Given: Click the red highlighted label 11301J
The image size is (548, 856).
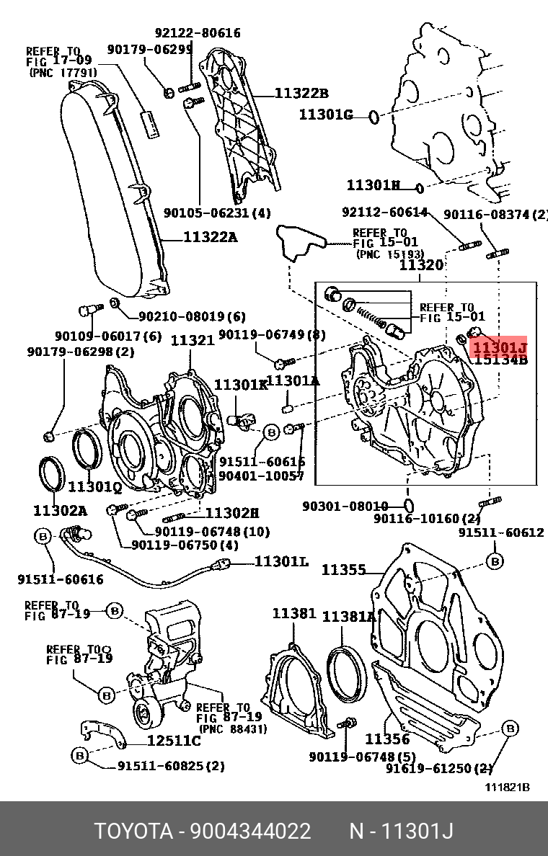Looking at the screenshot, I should click(499, 347).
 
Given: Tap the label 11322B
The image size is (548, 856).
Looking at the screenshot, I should click(301, 93).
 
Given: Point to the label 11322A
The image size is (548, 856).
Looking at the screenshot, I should click(210, 236).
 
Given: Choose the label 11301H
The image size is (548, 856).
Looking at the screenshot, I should click(373, 185).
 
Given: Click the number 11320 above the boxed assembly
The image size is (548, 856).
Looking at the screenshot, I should click(422, 265).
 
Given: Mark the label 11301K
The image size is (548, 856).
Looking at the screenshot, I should click(241, 385).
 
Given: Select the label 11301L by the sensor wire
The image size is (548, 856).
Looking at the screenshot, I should click(282, 561).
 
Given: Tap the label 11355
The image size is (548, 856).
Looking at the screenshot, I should click(342, 570).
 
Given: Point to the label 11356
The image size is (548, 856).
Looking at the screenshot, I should click(386, 739).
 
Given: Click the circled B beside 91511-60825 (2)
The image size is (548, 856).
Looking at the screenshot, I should click(80, 754).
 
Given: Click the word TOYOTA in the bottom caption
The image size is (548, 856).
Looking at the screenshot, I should click(133, 832).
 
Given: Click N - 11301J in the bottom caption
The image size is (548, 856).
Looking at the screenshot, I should click(401, 832).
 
